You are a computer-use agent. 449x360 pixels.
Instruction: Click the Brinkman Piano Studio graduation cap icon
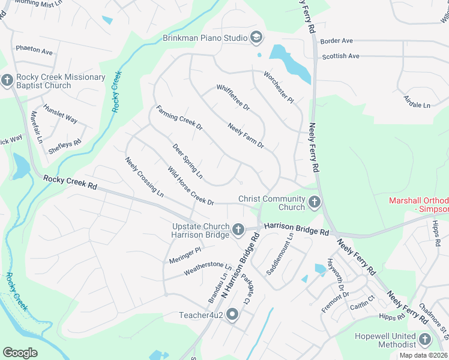point(257,38)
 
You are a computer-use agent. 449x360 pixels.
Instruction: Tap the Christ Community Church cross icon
point(314,202)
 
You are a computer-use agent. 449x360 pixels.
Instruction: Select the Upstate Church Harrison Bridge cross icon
point(238,229)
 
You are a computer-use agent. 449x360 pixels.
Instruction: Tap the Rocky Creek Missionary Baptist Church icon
point(7,80)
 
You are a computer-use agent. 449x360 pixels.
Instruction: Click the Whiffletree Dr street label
point(233,98)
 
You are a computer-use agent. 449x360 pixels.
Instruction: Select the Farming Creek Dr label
point(179,118)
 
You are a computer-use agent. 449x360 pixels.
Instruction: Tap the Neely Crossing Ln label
point(144,177)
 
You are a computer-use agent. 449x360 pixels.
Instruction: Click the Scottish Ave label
point(340,56)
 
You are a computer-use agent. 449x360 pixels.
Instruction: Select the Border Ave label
point(336,41)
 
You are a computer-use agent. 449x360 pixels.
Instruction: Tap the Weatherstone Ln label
point(207,268)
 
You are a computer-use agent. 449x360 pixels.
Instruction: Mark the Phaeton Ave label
point(34,49)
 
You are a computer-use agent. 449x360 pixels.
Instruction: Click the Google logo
point(20,352)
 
